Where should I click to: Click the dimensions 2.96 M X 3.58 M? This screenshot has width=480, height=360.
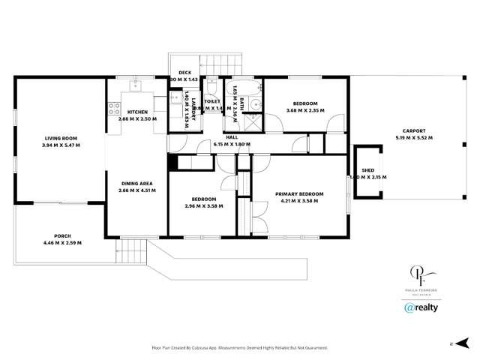pyautogui.click(x=201, y=205)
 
